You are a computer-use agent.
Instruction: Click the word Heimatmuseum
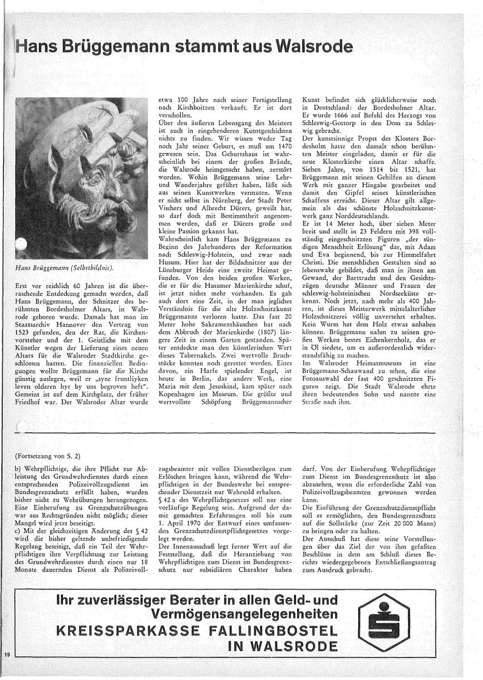375,377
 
